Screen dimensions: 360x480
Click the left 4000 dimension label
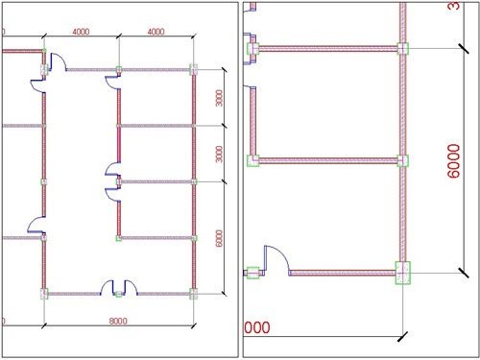(x=82, y=32)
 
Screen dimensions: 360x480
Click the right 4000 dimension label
(x=156, y=32)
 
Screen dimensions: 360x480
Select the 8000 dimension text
(x=119, y=320)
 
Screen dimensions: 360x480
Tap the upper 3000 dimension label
(x=219, y=97)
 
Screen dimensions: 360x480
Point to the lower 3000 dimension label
(x=219, y=154)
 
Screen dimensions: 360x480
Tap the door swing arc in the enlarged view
(x=276, y=257)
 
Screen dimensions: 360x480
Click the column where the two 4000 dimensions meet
(x=119, y=68)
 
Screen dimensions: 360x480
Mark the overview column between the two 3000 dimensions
(x=194, y=126)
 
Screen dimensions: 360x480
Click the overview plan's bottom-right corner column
(x=194, y=293)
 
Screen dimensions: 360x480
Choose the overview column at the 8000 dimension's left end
(x=44, y=293)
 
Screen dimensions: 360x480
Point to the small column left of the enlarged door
(x=253, y=274)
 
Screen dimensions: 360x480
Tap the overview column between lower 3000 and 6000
(x=194, y=181)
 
